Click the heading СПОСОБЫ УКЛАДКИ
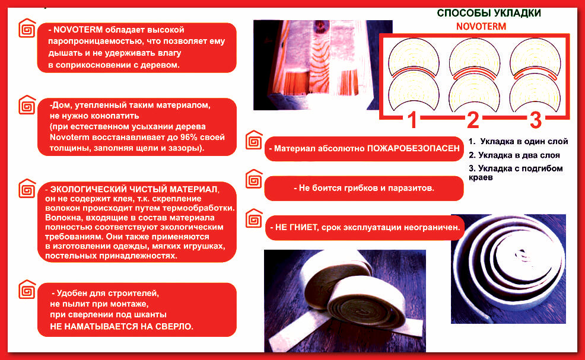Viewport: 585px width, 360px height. pos(489,13)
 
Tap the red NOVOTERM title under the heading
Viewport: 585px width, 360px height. pos(481,27)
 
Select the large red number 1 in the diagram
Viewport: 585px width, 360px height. pos(412,120)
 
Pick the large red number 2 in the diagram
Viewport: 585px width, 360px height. pos(473,120)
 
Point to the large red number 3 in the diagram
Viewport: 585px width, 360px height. pos(535,120)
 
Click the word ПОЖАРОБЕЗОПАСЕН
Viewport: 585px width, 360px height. pos(414,148)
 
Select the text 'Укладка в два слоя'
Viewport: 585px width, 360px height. pos(519,155)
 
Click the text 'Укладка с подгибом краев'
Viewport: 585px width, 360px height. pos(516,173)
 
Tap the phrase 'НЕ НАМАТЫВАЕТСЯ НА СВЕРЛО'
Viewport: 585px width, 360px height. pos(121,327)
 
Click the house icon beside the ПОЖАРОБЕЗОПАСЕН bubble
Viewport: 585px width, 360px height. pos(254,140)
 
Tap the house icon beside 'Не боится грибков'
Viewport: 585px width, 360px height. pos(254,179)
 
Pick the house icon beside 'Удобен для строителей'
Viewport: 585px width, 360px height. pos(27,289)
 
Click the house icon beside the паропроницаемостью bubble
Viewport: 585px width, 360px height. pos(27,28)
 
